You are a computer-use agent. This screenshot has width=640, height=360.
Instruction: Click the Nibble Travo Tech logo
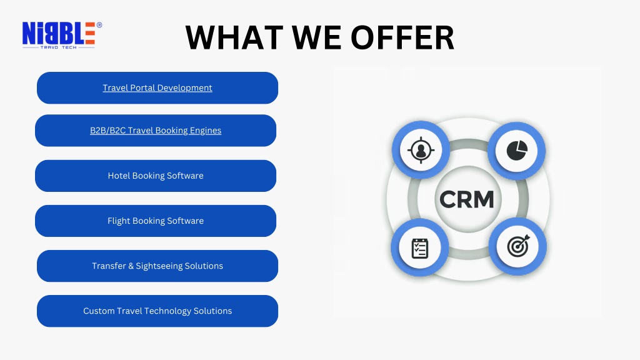(x=62, y=36)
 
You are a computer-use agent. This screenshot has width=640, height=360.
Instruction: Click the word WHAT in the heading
(x=234, y=37)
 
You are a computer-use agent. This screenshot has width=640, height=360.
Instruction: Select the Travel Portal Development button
(x=157, y=87)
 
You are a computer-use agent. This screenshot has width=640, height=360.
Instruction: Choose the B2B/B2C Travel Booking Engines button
(x=156, y=131)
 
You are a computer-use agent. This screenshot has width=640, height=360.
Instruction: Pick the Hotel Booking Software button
(x=156, y=176)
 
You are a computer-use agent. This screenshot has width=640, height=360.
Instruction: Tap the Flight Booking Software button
(x=156, y=221)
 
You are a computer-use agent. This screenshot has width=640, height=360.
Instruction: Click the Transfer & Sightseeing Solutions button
(x=157, y=266)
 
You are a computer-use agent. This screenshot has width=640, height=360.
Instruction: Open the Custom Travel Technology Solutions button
(x=157, y=311)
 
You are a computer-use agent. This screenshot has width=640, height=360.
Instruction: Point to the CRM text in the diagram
(x=466, y=199)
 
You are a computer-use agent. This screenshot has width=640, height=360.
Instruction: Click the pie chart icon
(x=517, y=150)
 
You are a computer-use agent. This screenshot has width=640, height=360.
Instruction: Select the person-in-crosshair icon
(x=421, y=150)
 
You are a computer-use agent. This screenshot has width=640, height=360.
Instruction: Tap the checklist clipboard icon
(x=419, y=248)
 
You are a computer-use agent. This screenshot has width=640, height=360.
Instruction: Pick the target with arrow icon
(x=518, y=246)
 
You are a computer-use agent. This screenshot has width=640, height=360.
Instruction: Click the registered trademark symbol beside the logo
(x=99, y=25)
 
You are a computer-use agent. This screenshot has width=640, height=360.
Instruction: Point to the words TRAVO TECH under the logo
(x=58, y=47)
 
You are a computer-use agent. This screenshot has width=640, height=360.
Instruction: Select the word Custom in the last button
(x=99, y=311)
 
